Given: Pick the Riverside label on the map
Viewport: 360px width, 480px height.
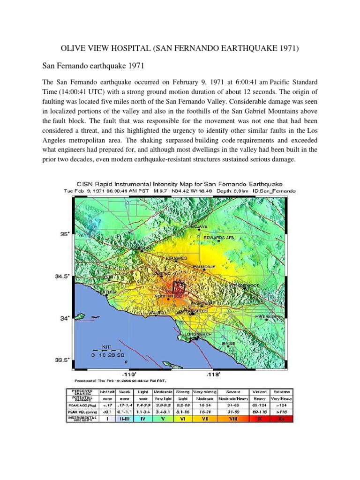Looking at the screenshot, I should pyautogui.click(x=267, y=317).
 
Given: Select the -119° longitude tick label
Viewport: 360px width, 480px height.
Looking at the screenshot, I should pyautogui.click(x=129, y=375).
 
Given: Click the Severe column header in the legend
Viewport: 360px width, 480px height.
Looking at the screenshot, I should pyautogui.click(x=233, y=391).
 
